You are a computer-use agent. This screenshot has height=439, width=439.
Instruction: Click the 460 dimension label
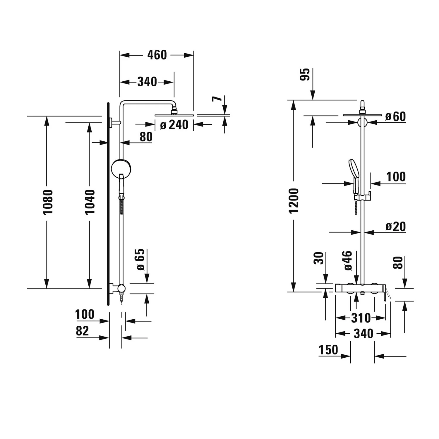(x=157, y=55)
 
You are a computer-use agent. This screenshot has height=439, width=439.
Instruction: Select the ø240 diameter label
(x=174, y=125)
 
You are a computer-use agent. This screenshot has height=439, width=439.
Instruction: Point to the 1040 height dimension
(x=90, y=202)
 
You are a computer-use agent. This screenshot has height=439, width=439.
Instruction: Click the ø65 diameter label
(x=140, y=260)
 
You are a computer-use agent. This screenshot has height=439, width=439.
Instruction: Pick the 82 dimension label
(x=82, y=331)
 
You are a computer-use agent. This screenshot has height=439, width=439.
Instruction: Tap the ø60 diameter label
(x=396, y=116)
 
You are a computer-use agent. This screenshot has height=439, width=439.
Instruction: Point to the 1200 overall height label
(x=294, y=201)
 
